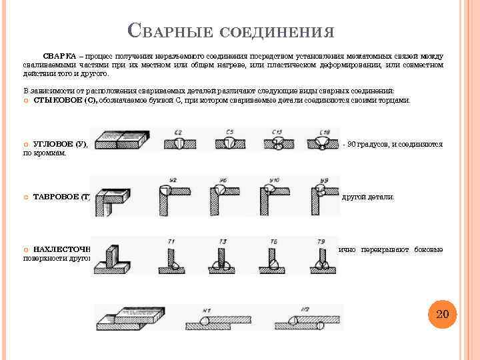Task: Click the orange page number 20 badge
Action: click(x=441, y=314)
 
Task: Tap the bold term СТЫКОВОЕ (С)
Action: click(x=65, y=100)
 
